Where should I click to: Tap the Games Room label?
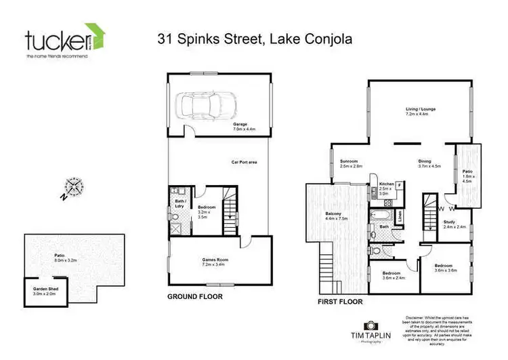click(x=213, y=260)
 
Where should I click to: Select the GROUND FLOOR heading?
click(x=195, y=297)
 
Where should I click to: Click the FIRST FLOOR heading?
click(x=339, y=301)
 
